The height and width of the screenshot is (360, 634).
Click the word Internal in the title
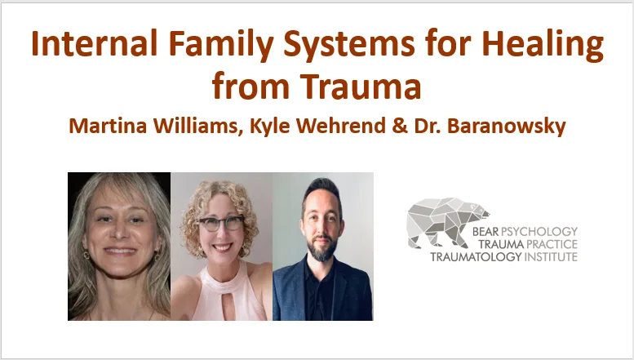point(94,43)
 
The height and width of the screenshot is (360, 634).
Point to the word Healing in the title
point(543,45)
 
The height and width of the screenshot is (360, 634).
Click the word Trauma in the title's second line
point(361,87)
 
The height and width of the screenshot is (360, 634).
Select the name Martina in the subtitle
point(108,126)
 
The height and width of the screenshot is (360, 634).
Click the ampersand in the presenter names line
point(400,126)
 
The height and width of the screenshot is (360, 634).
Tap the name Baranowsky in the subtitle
point(506,127)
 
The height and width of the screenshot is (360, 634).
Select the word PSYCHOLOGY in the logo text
point(539,231)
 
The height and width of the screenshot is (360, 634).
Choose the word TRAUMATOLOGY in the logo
point(476,256)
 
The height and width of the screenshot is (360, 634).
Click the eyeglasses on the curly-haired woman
point(221,223)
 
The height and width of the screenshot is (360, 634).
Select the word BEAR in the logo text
point(485,231)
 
